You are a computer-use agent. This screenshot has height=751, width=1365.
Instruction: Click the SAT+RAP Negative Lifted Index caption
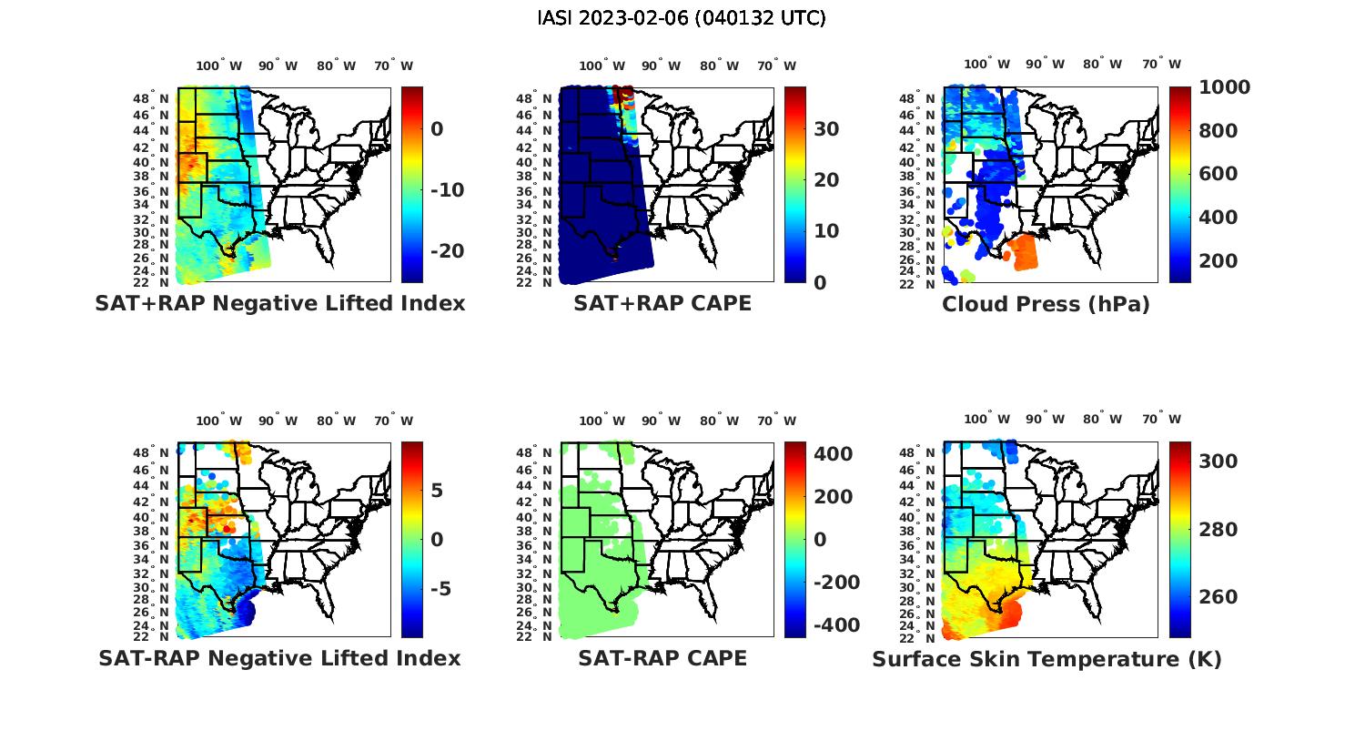(x=280, y=304)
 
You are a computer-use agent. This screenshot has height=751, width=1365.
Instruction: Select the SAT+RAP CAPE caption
(x=662, y=304)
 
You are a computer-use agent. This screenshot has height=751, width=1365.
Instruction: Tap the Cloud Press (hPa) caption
(x=1046, y=304)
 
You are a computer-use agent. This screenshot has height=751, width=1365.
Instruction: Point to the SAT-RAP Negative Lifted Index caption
(x=279, y=658)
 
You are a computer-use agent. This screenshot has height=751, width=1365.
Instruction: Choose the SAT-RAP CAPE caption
(x=662, y=658)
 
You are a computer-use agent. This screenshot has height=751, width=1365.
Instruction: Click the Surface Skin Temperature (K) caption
(x=1046, y=659)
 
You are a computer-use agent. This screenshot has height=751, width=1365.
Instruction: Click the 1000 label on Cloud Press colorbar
(x=1224, y=87)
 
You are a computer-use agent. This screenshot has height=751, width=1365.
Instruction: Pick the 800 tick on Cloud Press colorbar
(x=1218, y=131)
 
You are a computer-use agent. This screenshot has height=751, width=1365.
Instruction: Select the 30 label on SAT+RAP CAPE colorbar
(x=826, y=129)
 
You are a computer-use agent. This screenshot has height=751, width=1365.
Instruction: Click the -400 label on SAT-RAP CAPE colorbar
(x=835, y=625)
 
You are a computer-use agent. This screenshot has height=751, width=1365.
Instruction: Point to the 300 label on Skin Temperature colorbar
(x=1218, y=462)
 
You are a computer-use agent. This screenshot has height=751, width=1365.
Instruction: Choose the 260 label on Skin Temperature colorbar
(x=1218, y=597)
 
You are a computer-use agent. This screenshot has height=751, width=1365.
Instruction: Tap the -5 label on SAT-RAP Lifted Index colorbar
(x=440, y=589)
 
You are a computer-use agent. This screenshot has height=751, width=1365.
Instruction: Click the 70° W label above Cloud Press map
(x=1161, y=65)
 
